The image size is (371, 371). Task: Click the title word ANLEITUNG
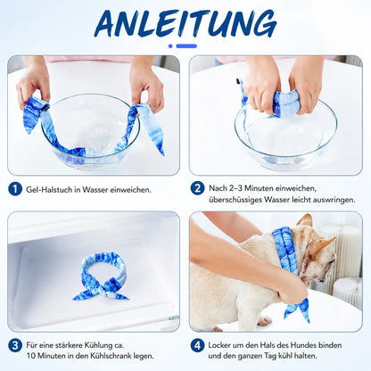click(x=185, y=24)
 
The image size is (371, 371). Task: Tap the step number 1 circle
click(x=15, y=189)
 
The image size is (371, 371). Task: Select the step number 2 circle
click(x=197, y=188)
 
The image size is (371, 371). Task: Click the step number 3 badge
click(x=15, y=345)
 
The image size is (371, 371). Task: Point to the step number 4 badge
click(x=197, y=345)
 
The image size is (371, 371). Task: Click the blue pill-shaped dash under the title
click(x=186, y=46)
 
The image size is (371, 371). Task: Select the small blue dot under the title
click(x=170, y=46)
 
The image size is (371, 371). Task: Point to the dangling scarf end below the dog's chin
click(x=297, y=309)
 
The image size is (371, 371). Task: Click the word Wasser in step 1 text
click(x=95, y=189)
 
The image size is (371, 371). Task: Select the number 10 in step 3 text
click(x=31, y=356)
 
